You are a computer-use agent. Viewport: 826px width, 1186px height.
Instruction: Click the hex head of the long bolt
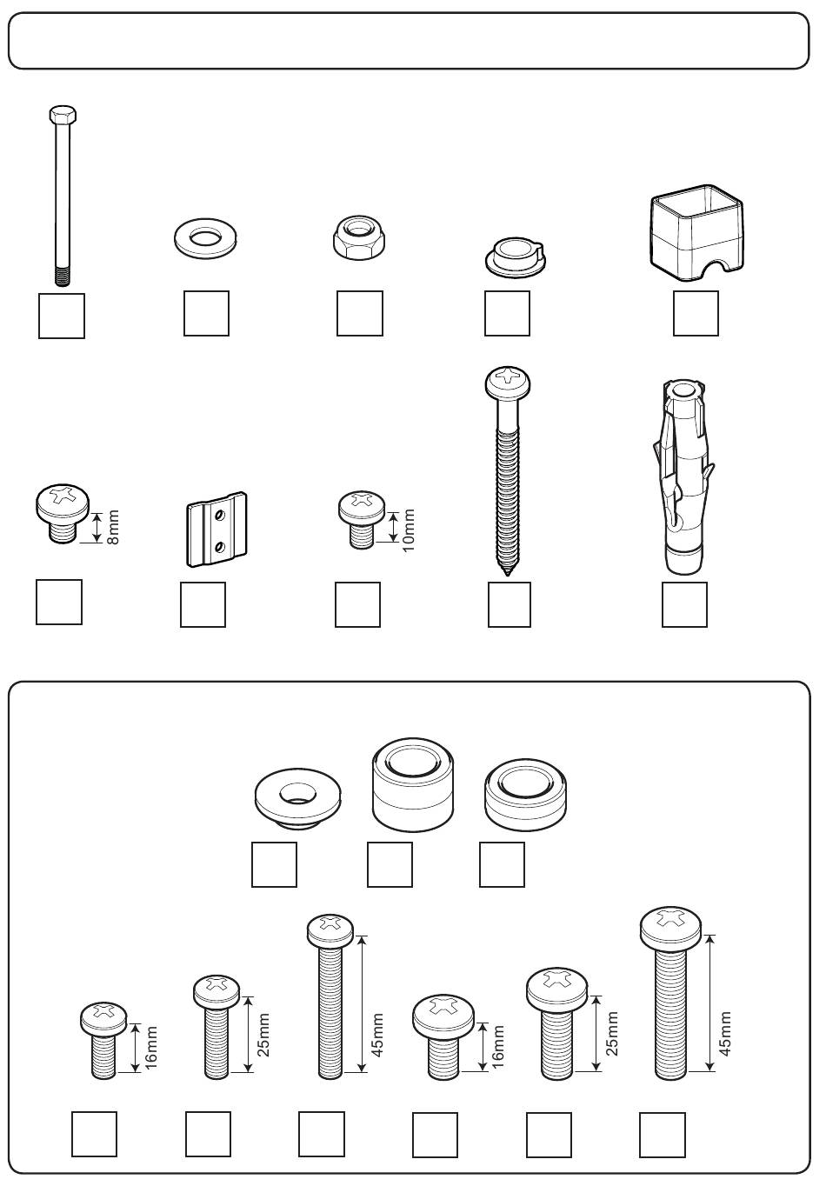[x=63, y=114]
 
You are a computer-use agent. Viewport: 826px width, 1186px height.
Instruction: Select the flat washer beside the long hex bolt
[x=205, y=237]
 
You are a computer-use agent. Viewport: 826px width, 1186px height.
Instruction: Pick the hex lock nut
[x=359, y=237]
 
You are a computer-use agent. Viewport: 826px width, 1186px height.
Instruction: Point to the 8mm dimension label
[x=113, y=526]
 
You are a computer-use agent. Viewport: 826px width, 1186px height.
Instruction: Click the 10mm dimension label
[x=409, y=530]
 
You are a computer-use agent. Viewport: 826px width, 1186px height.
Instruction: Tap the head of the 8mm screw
[x=63, y=502]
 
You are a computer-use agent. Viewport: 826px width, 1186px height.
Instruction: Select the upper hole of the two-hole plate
[x=220, y=514]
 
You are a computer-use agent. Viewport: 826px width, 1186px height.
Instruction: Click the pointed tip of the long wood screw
[x=508, y=572]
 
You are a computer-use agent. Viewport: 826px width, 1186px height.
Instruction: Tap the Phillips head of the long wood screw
[x=508, y=382]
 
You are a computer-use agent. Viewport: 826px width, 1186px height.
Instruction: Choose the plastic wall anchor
[x=683, y=477]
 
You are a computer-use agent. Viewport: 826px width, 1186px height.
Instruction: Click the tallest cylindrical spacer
[x=413, y=783]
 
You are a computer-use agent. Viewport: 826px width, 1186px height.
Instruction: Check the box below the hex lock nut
[x=359, y=313]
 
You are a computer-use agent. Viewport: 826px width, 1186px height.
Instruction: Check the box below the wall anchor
[x=684, y=604]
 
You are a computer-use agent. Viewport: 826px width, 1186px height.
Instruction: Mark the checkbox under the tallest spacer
[x=390, y=864]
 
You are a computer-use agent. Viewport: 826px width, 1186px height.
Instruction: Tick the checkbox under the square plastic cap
[x=696, y=313]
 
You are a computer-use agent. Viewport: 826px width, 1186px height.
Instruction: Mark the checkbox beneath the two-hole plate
[x=203, y=604]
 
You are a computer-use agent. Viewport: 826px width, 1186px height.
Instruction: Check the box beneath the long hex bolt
[x=62, y=316]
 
